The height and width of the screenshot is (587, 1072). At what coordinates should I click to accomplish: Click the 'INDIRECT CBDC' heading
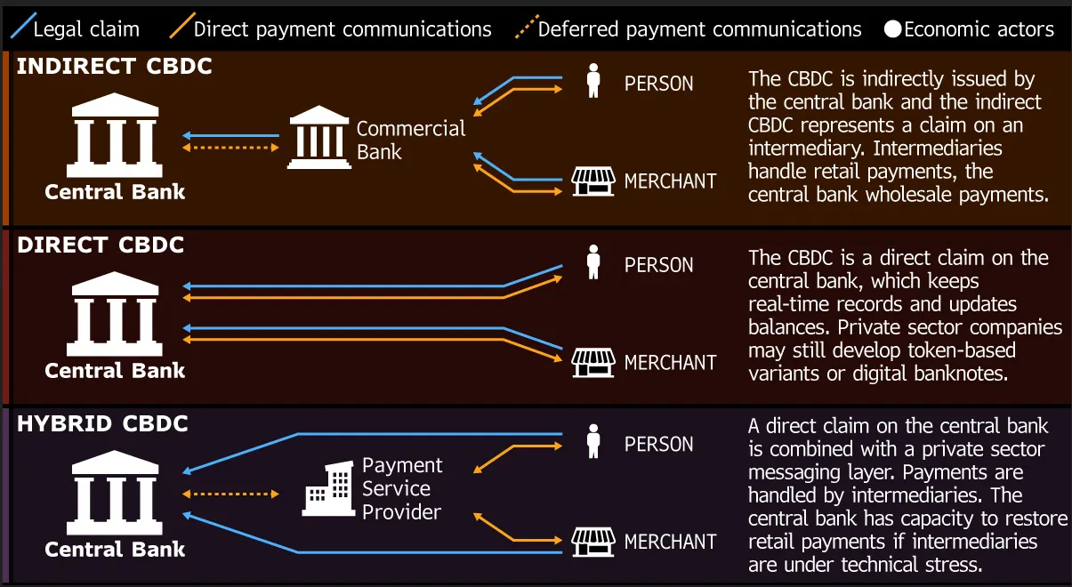point(114,67)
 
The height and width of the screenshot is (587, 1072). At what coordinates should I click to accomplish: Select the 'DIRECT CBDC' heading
point(101,245)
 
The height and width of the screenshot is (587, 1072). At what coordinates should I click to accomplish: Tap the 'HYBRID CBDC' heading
point(102,424)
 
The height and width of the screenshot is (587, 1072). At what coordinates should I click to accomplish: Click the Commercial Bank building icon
point(318,138)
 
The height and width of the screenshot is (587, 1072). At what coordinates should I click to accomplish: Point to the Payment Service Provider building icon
point(327,487)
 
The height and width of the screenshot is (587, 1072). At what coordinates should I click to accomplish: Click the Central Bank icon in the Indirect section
point(115,137)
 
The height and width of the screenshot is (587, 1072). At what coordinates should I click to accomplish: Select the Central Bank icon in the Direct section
point(115,316)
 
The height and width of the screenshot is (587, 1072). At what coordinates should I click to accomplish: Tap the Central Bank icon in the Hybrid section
point(115,495)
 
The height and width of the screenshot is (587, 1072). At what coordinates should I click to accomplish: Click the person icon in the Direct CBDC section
point(593,262)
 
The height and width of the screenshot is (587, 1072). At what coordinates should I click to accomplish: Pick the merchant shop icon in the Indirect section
point(593,181)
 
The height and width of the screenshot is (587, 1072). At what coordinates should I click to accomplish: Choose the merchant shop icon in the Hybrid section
point(593,541)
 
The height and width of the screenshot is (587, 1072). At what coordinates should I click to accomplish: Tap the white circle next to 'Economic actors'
point(892,30)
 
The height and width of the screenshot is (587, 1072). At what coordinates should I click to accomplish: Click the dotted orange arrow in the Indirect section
point(230,148)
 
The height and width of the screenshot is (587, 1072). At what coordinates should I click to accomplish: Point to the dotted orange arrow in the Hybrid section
point(230,494)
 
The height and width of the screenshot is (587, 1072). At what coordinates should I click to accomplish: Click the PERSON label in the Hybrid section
point(658,444)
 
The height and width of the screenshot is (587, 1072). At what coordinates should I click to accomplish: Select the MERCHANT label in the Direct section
point(670,363)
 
